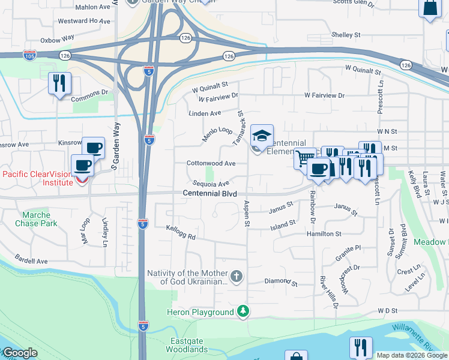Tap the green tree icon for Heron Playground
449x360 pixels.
[x=243, y=312]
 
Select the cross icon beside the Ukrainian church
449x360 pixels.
[x=237, y=277]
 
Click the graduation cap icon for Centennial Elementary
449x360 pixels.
[x=262, y=135]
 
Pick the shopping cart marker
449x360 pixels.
[x=305, y=159]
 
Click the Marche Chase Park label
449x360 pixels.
[x=40, y=219]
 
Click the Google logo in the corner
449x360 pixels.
[x=19, y=353]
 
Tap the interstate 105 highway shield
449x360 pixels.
[x=29, y=55]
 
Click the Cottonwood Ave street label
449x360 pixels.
[x=210, y=163]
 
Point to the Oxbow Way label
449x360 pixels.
[x=57, y=38]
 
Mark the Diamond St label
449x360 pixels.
[x=281, y=281]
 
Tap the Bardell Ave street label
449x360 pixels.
[x=31, y=262]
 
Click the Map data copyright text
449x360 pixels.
[x=412, y=355]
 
